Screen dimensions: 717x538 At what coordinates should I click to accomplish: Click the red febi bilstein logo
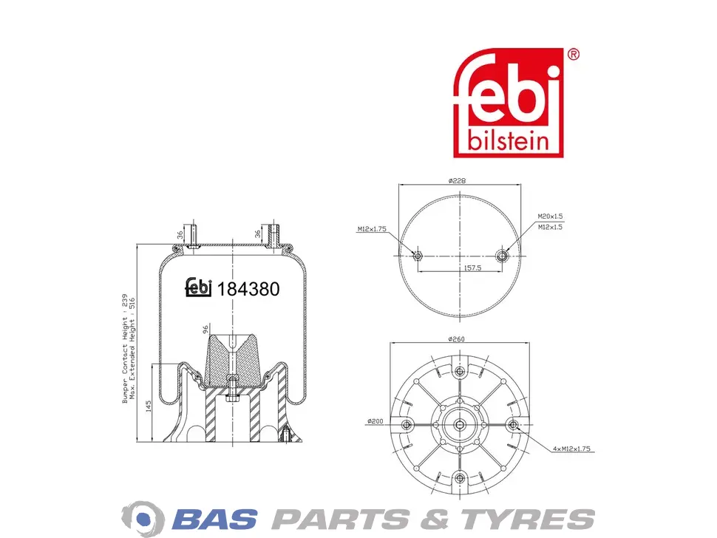(x=508, y=103)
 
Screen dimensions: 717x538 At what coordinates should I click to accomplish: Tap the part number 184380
(x=248, y=290)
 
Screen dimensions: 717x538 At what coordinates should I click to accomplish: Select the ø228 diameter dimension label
(x=457, y=180)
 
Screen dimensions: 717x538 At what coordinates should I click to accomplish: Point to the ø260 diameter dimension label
(x=456, y=338)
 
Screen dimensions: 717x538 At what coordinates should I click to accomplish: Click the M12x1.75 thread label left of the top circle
(x=372, y=229)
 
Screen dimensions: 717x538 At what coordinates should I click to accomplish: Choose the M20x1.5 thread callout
(x=550, y=217)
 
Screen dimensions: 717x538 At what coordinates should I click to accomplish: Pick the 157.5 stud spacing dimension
(x=472, y=268)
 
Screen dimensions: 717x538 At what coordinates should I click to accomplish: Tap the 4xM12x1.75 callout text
(x=571, y=449)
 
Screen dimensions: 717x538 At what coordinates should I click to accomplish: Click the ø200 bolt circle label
(x=375, y=421)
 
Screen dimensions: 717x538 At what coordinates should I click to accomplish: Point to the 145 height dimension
(x=149, y=406)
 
